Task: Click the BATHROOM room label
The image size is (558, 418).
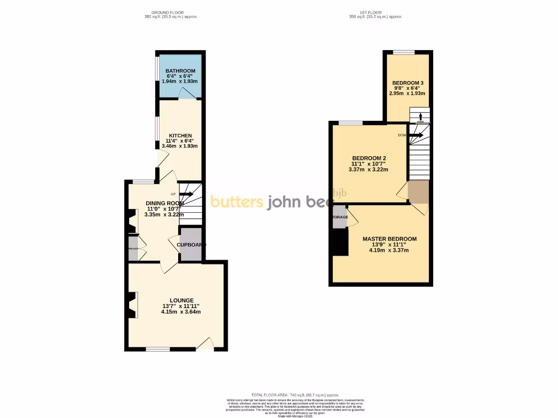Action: click(180, 71)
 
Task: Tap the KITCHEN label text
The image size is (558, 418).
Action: click(180, 136)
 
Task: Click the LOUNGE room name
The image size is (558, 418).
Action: click(181, 300)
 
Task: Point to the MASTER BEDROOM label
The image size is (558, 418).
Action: click(390, 239)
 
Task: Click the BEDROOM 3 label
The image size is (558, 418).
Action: click(408, 83)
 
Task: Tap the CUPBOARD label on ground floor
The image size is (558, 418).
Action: click(191, 245)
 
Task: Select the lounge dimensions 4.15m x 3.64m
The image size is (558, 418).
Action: click(181, 312)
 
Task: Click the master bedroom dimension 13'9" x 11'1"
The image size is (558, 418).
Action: click(390, 244)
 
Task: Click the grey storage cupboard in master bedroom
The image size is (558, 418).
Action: click(339, 217)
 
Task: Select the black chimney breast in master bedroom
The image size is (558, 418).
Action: click(341, 242)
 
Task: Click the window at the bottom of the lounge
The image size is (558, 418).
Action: click(158, 348)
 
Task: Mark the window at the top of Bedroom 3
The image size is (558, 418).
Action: click(403, 52)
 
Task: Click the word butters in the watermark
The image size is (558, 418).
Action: click(236, 202)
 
